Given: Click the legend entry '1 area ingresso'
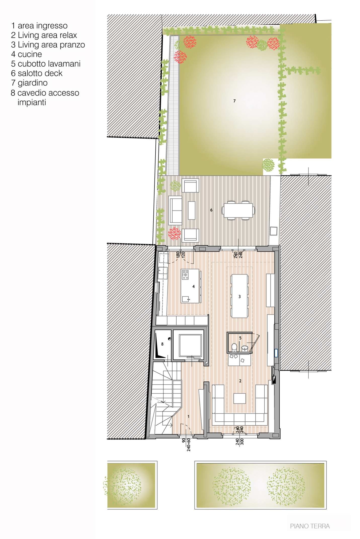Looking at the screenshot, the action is point(39,26).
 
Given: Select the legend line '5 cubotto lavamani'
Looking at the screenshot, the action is point(46,64).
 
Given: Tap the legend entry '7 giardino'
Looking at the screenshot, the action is point(29,83).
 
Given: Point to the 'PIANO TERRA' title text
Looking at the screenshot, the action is point(310,526).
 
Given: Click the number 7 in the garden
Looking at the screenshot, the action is point(234,101).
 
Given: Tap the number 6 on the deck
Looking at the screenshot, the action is point(211,210).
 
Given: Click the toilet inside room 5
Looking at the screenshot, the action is point(234,347).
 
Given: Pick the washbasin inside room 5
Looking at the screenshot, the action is point(245,348).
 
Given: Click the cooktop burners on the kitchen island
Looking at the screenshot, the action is point(185,275).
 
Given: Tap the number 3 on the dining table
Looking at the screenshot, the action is point(239,297).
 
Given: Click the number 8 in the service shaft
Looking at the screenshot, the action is point(162,344).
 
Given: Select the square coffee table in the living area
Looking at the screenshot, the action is point(239,398).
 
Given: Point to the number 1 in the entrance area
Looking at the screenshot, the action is point(188,417).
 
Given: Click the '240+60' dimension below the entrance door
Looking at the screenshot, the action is point(189,445).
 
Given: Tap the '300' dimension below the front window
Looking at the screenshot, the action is point(242,442).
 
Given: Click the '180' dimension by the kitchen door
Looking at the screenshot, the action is point(178,254).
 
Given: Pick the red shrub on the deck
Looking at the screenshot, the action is point(174,234).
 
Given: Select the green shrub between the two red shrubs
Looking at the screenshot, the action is point(262,45).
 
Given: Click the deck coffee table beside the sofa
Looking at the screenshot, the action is point(192,210).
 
